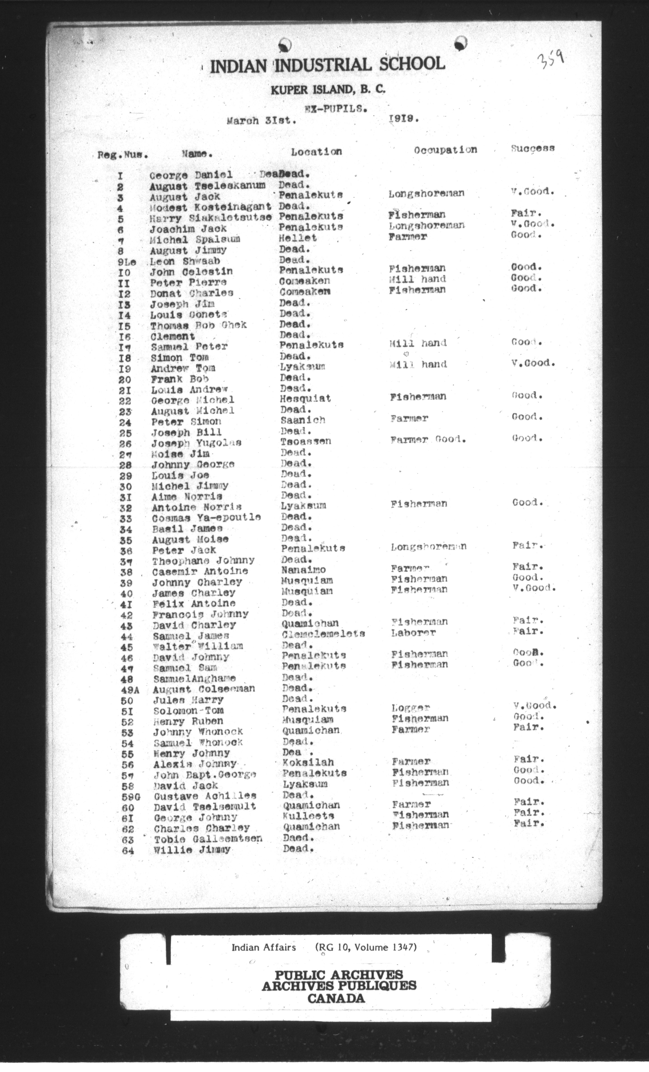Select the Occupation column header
445,150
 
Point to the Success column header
533,148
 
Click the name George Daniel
191,175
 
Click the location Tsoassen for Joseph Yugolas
306,441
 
